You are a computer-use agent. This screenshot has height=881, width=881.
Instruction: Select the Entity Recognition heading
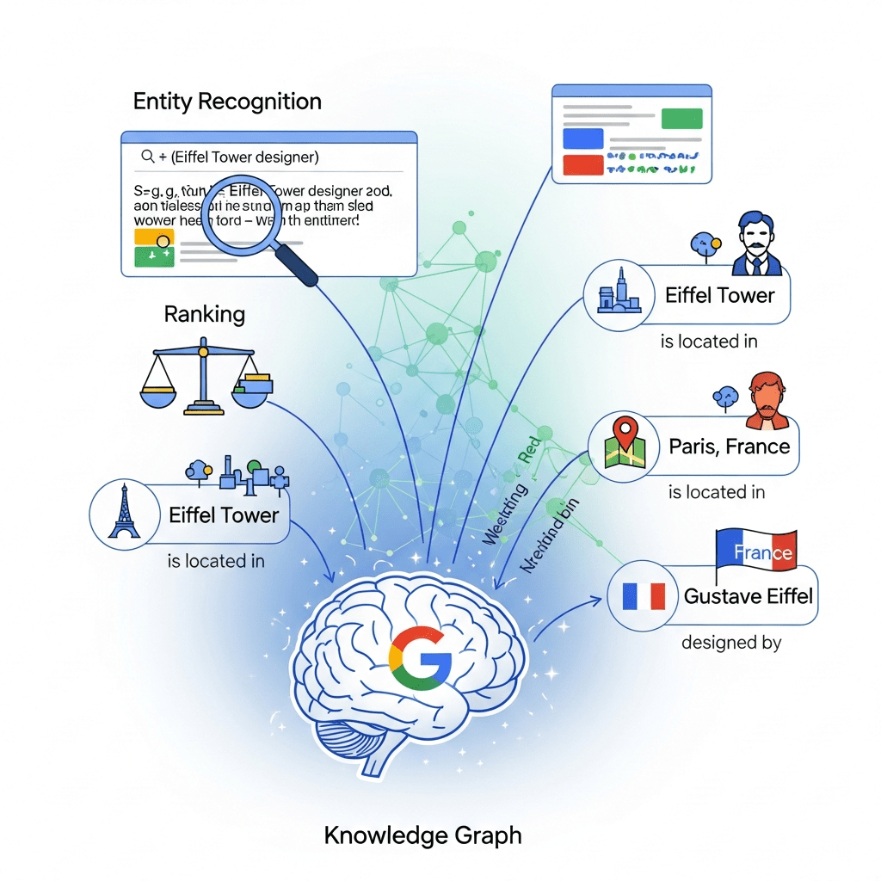pyautogui.click(x=227, y=102)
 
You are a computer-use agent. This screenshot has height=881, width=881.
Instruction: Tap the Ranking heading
pyautogui.click(x=204, y=314)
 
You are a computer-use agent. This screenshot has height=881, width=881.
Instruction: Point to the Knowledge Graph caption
pyautogui.click(x=422, y=835)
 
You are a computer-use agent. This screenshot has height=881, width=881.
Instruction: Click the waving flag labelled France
pyautogui.click(x=756, y=551)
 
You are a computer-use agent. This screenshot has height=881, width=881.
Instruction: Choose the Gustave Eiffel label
pyautogui.click(x=748, y=595)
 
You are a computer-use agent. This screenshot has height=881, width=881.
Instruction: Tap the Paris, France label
pyautogui.click(x=729, y=447)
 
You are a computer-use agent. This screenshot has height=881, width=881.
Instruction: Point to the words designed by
pyautogui.click(x=730, y=643)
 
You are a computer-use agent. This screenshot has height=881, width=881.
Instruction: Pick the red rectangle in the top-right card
pyautogui.click(x=583, y=163)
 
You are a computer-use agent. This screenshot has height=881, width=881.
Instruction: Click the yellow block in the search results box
pyautogui.click(x=155, y=237)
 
